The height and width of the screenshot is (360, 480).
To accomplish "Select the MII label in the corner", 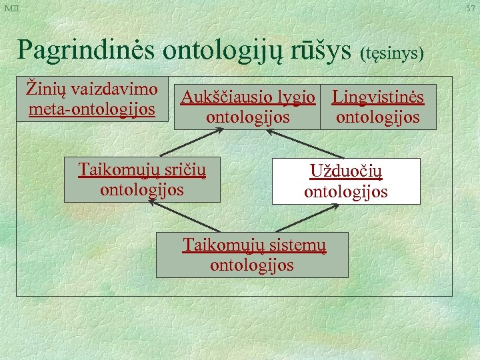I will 11,7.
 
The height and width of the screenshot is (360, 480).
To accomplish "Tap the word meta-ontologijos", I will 92,107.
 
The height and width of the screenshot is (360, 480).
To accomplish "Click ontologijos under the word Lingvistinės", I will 378,117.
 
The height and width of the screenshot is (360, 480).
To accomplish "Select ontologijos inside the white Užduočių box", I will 346,192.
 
